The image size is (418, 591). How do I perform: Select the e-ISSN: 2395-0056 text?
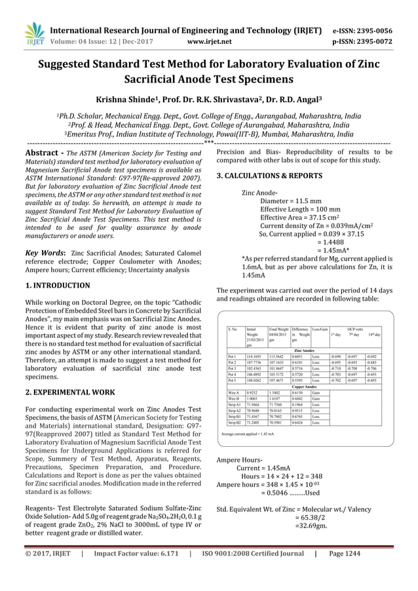[366, 29]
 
